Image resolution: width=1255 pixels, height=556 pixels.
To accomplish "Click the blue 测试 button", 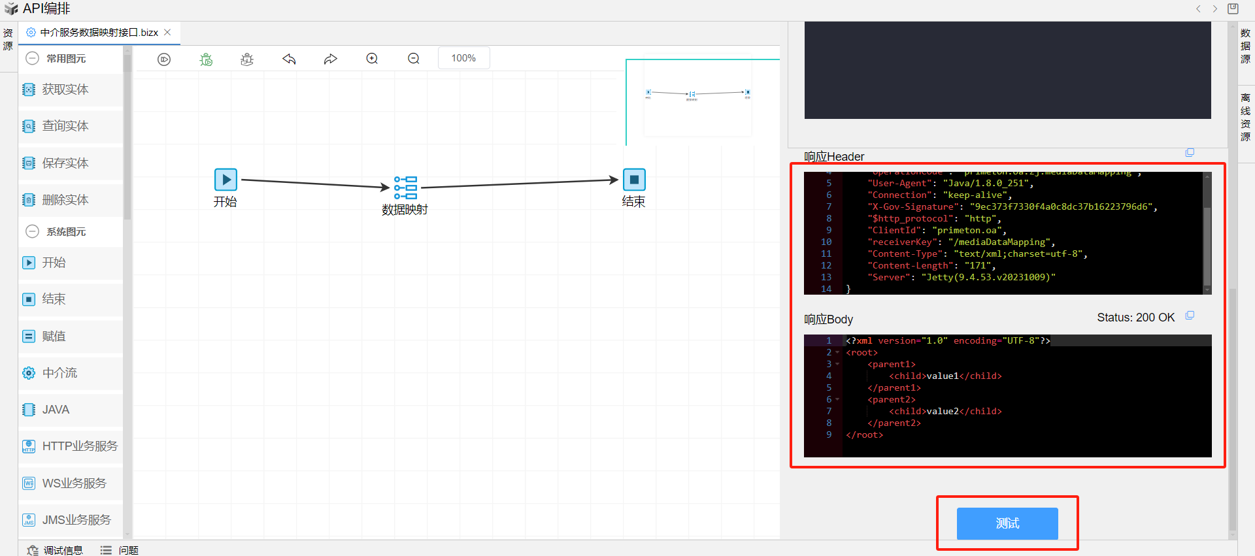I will pyautogui.click(x=1007, y=523).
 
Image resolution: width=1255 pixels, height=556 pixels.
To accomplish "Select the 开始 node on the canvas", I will pyautogui.click(x=226, y=180).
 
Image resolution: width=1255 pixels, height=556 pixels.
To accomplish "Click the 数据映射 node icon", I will pyautogui.click(x=405, y=188).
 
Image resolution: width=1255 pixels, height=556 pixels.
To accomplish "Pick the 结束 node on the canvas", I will pyautogui.click(x=633, y=180).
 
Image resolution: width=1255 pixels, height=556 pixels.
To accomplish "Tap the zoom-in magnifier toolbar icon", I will pyautogui.click(x=372, y=59).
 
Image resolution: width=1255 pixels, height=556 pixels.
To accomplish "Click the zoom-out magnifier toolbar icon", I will pyautogui.click(x=414, y=59).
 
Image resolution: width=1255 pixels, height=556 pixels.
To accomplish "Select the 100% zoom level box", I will pyautogui.click(x=463, y=58).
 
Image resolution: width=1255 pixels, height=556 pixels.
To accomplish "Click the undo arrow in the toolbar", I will pyautogui.click(x=289, y=59).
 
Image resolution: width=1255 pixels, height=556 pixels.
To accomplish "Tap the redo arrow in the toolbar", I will pyautogui.click(x=331, y=59).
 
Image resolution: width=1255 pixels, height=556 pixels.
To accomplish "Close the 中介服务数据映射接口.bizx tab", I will pyautogui.click(x=167, y=32).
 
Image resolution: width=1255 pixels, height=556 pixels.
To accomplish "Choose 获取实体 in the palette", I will pyautogui.click(x=65, y=90).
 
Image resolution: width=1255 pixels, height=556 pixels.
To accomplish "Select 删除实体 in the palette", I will pyautogui.click(x=65, y=200).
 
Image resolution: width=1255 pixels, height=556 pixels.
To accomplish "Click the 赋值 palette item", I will pyautogui.click(x=54, y=336).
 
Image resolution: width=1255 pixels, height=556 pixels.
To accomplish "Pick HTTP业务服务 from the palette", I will pyautogui.click(x=79, y=446).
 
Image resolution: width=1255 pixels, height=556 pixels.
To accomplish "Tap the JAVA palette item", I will pyautogui.click(x=56, y=410).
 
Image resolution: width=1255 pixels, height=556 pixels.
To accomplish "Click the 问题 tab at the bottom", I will pyautogui.click(x=128, y=550).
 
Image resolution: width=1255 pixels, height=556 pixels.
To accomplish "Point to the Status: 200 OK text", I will pyautogui.click(x=1135, y=318).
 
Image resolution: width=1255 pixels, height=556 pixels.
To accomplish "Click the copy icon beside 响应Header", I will pyautogui.click(x=1190, y=153).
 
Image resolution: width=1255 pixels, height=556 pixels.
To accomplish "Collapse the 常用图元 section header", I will pyautogui.click(x=33, y=59).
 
